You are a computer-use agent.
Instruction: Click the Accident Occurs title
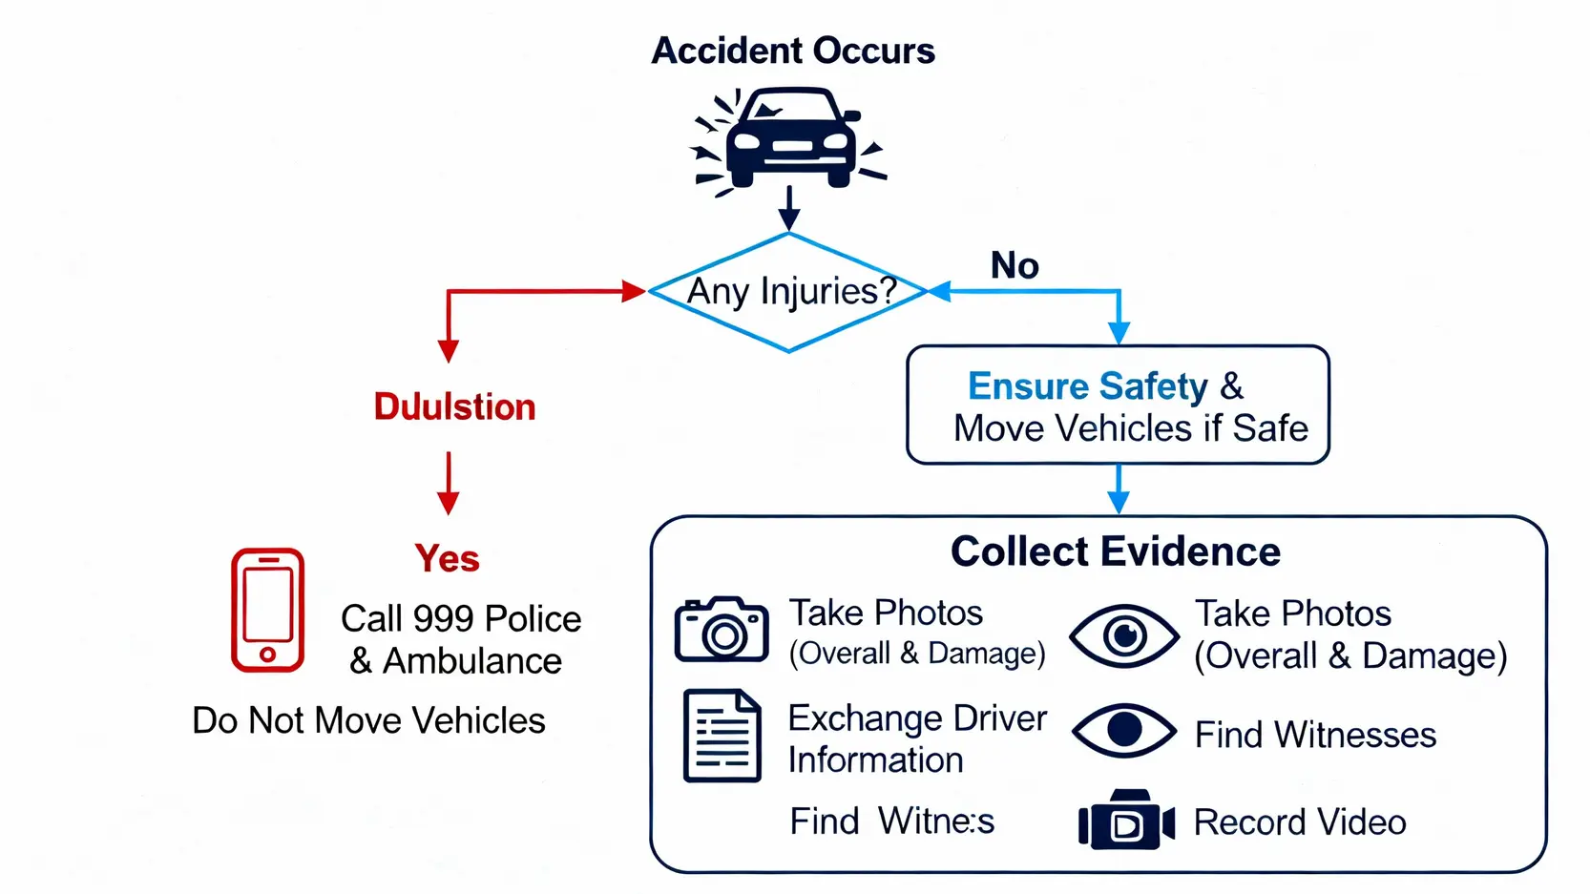[792, 51]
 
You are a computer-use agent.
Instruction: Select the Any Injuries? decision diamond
[789, 292]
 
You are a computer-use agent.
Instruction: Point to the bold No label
[1015, 265]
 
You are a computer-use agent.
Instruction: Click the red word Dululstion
[454, 407]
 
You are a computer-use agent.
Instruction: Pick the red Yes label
[447, 558]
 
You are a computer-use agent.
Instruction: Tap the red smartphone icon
[268, 611]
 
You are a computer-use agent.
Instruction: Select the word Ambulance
[472, 661]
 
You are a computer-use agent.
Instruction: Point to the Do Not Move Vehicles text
[368, 720]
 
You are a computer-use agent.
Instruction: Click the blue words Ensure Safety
[1088, 386]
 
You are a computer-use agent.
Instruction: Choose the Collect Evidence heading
[1115, 551]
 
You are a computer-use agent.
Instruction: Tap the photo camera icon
[722, 630]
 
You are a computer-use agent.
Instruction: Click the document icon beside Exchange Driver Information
[722, 736]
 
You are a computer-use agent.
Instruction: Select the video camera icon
[1126, 821]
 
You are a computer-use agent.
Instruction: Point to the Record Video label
[1300, 822]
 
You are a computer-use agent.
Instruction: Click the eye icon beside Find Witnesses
[1124, 731]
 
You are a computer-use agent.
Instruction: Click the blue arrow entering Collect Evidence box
[1119, 490]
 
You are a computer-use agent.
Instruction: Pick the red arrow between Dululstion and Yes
[448, 484]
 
